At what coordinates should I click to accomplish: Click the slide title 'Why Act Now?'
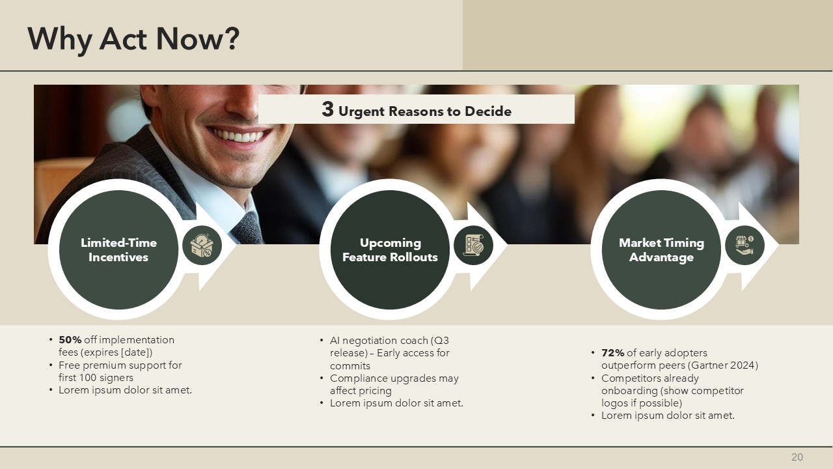133,39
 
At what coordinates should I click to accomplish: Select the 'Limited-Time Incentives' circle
118,249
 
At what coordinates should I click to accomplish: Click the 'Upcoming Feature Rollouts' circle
390,249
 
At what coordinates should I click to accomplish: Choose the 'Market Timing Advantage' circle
661,249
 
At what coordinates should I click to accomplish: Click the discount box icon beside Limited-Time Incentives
202,246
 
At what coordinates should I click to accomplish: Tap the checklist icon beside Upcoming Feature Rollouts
473,246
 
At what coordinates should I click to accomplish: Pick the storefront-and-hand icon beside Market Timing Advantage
744,246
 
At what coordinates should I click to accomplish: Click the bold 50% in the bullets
70,340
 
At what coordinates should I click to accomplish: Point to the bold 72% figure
613,352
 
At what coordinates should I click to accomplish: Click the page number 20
797,457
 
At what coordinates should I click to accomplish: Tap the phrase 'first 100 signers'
96,377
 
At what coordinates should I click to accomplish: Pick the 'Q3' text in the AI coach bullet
441,341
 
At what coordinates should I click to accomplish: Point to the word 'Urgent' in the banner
361,111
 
